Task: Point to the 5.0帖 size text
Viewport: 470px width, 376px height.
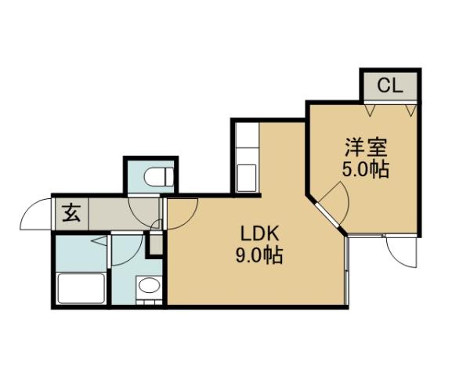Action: click(366, 168)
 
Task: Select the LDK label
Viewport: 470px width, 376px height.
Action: click(254, 233)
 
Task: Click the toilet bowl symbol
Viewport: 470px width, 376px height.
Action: click(161, 177)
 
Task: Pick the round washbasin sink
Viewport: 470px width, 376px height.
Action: click(148, 287)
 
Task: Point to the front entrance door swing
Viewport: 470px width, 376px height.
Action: click(36, 213)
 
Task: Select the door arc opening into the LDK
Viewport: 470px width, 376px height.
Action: click(181, 211)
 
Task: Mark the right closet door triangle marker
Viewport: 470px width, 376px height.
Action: click(409, 110)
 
